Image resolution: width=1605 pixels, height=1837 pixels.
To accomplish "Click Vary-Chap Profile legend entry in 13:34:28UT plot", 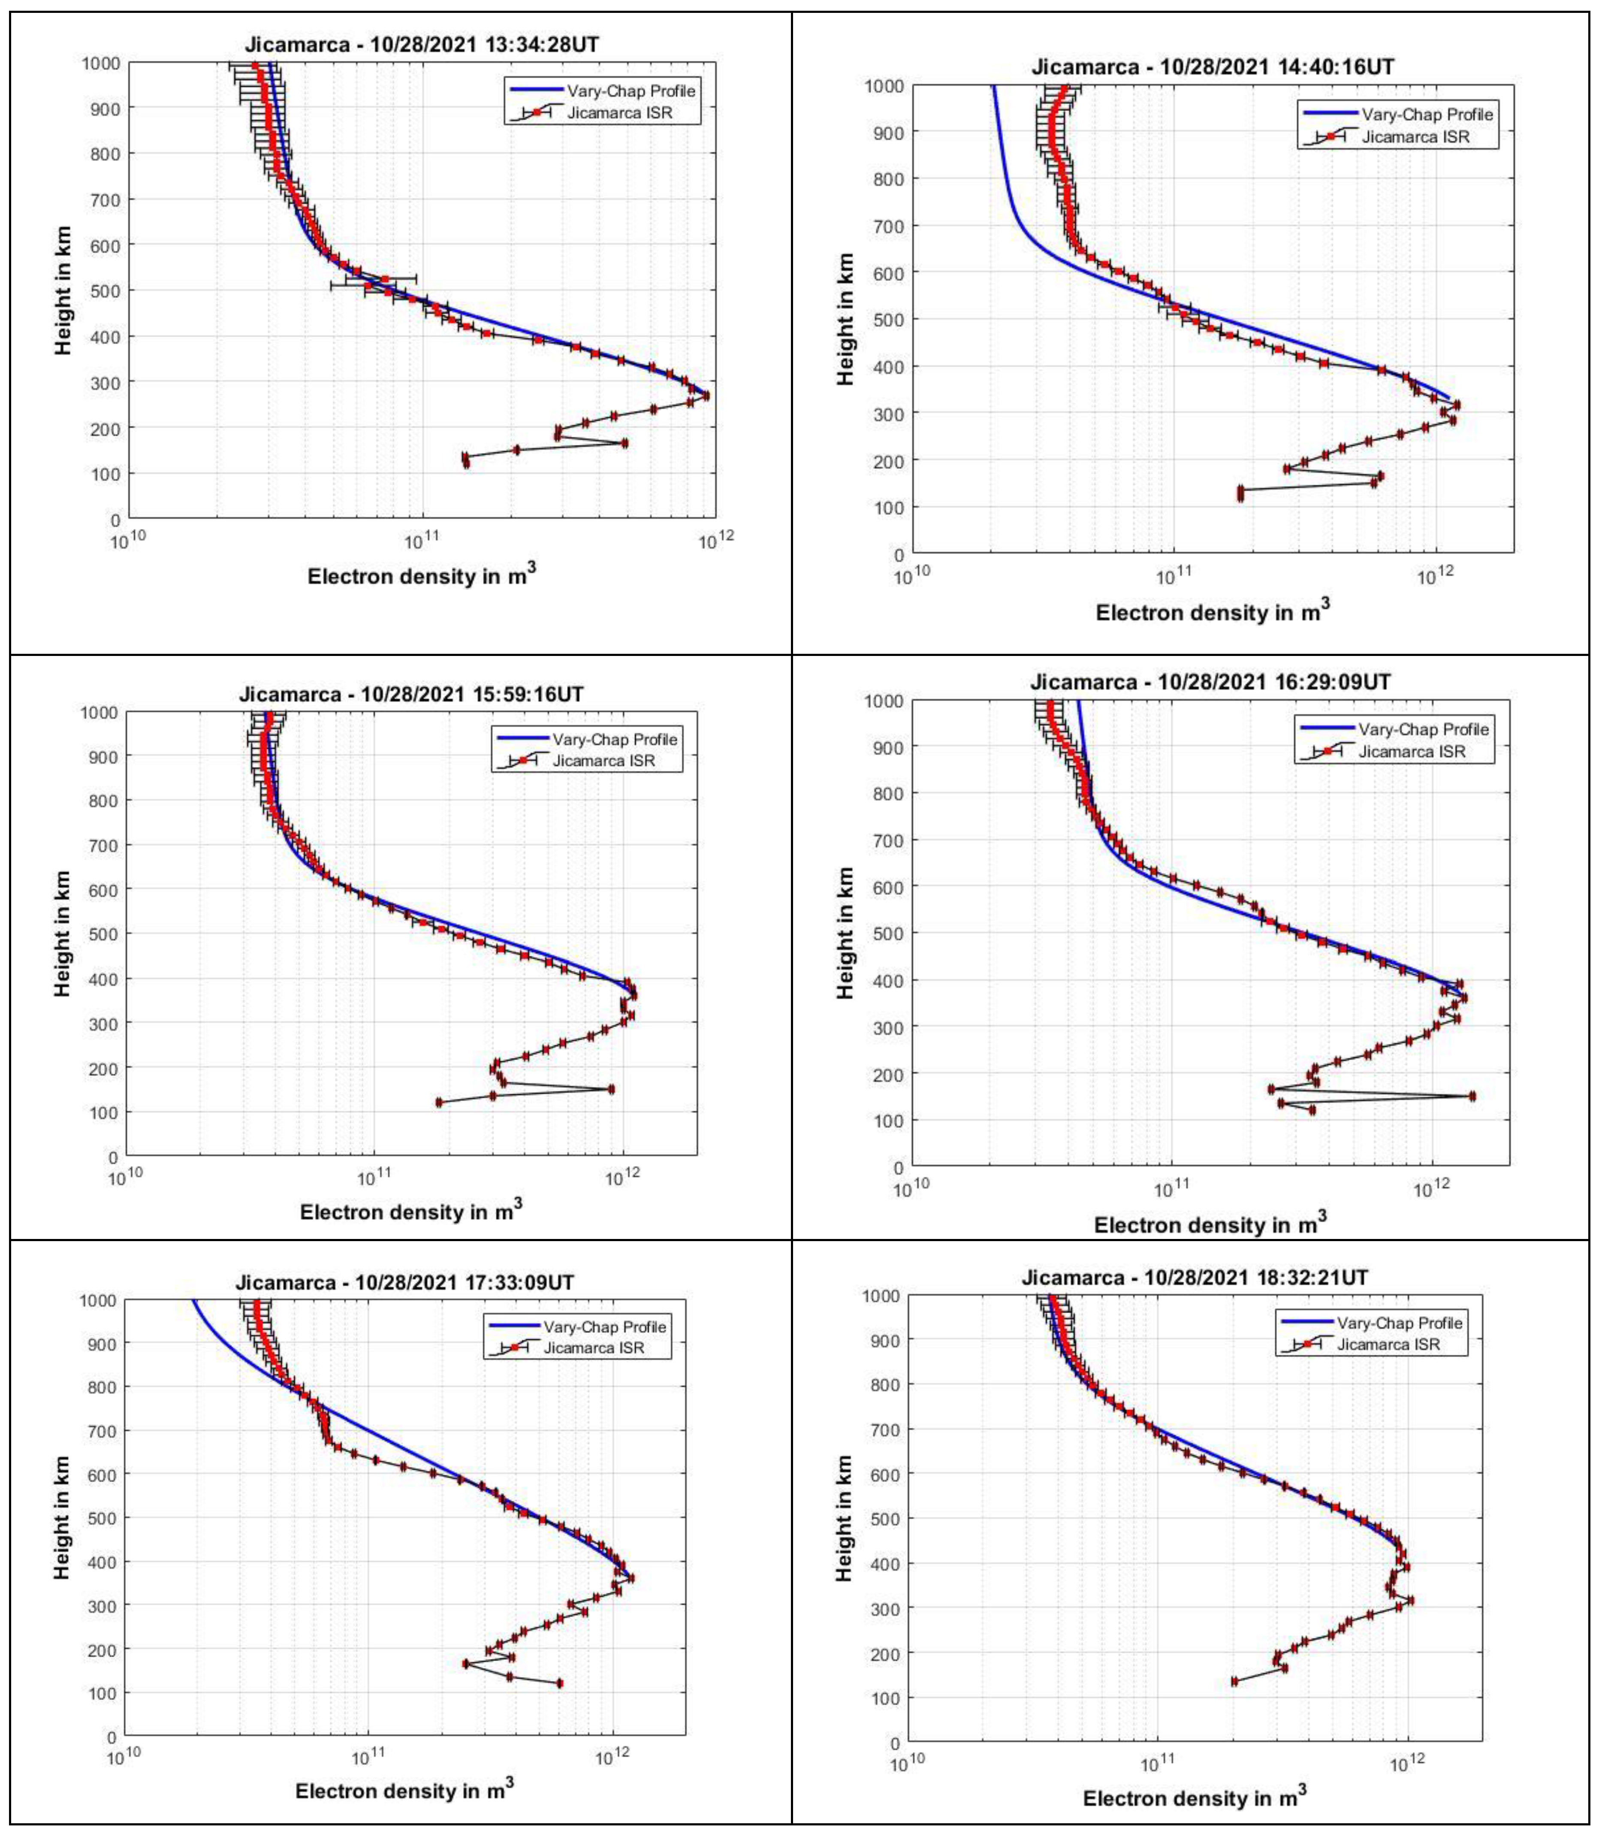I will (x=631, y=91).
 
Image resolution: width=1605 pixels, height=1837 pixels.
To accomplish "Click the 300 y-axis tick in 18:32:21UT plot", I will (x=887, y=1608).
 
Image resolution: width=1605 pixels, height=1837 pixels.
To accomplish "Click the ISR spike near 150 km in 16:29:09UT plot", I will (x=1472, y=1095).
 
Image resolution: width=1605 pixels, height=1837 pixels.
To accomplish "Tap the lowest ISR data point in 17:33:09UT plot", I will (x=560, y=1683).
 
